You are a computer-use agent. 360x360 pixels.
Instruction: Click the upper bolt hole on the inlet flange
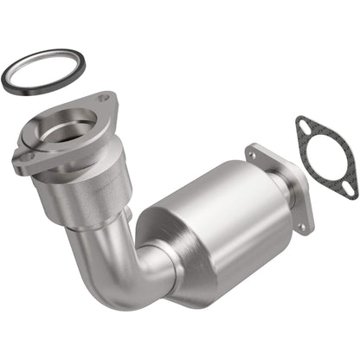pos(104,97)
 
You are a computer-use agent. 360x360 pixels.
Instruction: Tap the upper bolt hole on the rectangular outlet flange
pos(253,155)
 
